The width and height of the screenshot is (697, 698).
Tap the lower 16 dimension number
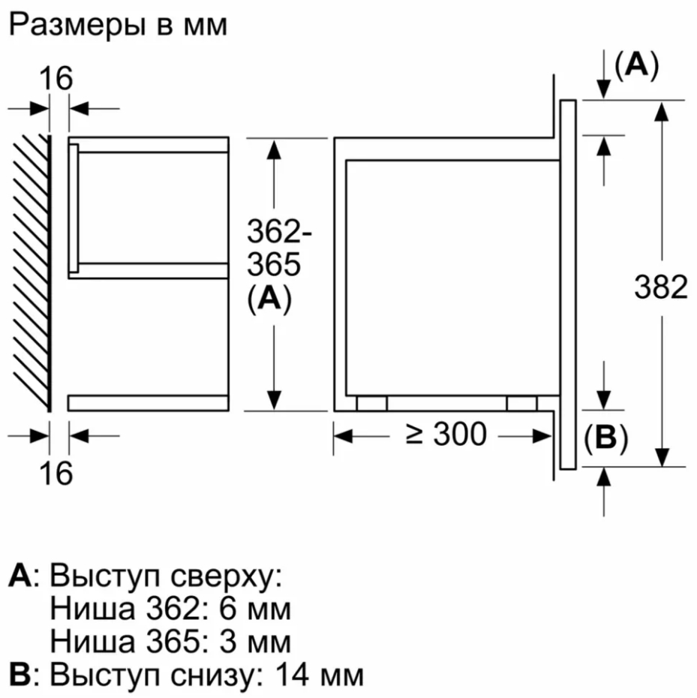[56, 472]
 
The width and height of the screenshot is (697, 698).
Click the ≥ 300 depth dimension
[446, 434]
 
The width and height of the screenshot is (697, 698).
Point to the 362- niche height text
[279, 232]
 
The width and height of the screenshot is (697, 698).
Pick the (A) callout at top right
[636, 65]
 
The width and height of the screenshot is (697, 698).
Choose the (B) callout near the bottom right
[605, 438]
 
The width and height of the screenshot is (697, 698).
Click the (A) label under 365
[269, 298]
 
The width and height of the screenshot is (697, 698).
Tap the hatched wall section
[32, 272]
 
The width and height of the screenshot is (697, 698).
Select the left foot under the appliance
[371, 403]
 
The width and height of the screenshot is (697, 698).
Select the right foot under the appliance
[521, 403]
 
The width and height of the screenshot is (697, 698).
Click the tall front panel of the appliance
[568, 284]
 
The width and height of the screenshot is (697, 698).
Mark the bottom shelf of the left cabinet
[149, 403]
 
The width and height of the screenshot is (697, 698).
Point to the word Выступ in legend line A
[104, 578]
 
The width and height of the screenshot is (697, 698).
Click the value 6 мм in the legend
[254, 609]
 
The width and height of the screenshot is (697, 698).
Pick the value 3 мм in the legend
[254, 642]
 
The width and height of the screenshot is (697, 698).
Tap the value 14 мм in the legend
[320, 675]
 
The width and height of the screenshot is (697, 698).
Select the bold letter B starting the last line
[20, 675]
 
